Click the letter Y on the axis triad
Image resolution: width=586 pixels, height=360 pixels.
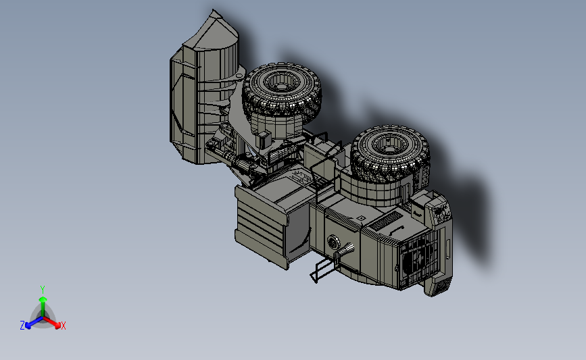42,290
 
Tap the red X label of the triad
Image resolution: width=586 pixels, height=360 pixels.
63,326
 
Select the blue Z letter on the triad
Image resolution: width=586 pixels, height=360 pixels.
22,326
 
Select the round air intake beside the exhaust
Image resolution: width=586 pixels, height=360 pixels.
333,242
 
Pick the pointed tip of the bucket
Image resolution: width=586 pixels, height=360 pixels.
214,10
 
